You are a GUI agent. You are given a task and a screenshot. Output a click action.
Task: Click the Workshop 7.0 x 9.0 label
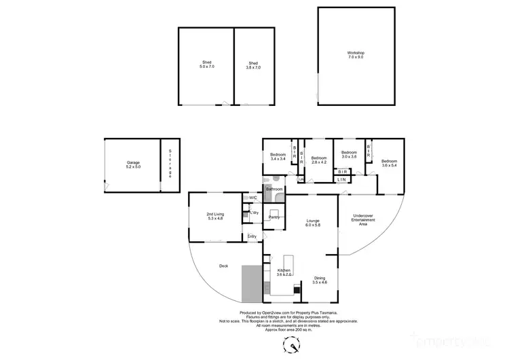click(356, 56)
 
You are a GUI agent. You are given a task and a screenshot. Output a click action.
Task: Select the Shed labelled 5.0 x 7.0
click(206, 65)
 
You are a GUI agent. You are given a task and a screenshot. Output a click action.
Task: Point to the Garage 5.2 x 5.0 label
click(132, 165)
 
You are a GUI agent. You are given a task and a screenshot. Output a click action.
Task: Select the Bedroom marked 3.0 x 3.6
click(349, 154)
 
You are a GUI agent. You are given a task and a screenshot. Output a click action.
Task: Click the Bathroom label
click(274, 189)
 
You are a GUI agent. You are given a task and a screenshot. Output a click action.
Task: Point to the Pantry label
click(274, 217)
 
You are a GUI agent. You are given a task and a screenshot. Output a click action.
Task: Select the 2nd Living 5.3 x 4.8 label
click(215, 217)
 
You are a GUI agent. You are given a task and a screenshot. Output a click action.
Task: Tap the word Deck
click(223, 266)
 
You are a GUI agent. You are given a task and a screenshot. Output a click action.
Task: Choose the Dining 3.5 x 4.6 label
click(318, 280)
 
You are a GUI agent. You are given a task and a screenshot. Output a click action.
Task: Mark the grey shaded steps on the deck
click(251, 283)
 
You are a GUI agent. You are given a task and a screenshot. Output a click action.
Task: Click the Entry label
click(252, 236)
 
